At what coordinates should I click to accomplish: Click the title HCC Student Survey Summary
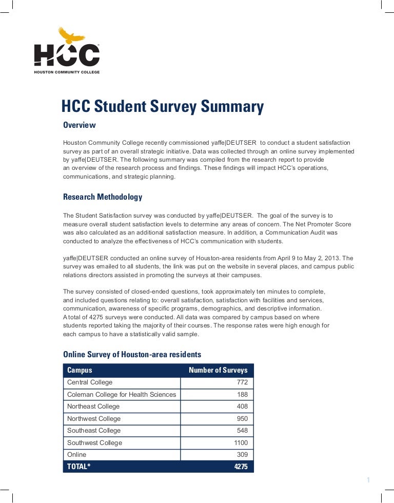[162, 107]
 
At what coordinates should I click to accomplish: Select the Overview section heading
[79, 125]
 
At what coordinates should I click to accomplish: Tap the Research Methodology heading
[103, 197]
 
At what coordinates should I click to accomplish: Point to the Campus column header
[80, 370]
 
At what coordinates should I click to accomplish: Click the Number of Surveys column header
[218, 370]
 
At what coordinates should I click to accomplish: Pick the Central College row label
[90, 382]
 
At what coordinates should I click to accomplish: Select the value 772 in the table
[242, 382]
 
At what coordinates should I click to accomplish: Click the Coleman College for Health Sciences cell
[122, 394]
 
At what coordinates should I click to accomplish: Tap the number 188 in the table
[242, 394]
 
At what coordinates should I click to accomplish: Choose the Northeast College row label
[93, 407]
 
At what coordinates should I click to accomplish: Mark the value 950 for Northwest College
[242, 418]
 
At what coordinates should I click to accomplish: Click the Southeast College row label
[94, 431]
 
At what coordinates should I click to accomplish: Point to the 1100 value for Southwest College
[241, 442]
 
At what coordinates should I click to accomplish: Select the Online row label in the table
[77, 455]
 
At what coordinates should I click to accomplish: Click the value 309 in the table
[242, 455]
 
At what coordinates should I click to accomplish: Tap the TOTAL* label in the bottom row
[78, 467]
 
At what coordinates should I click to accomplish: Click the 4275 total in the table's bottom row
[241, 467]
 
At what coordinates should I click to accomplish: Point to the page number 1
[368, 480]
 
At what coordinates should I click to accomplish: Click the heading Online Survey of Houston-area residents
[132, 355]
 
